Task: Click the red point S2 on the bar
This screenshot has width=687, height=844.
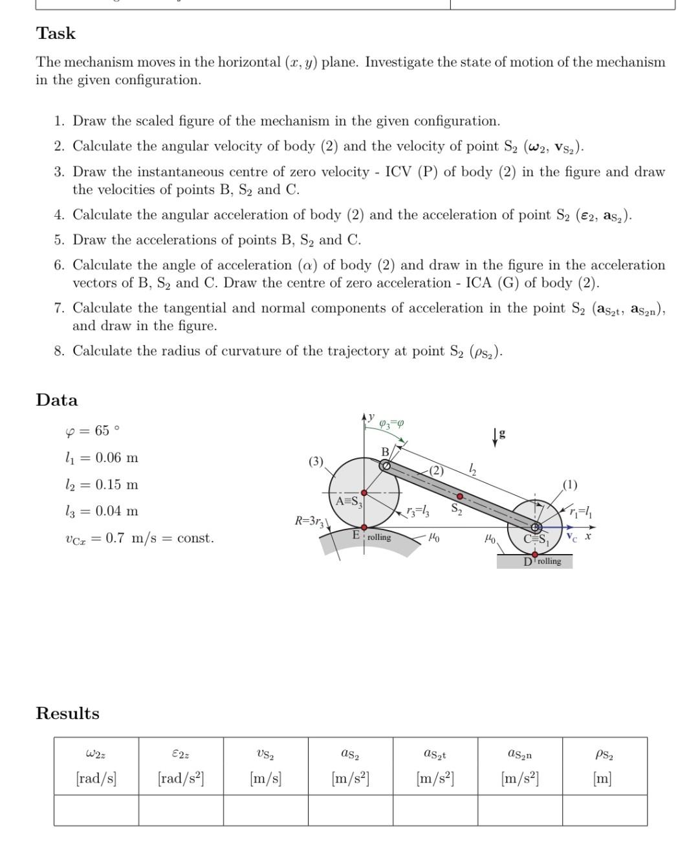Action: pos(459,496)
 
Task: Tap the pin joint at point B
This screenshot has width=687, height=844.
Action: pos(385,465)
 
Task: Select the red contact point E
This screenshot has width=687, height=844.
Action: pos(364,527)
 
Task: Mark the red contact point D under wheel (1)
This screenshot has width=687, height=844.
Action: pos(535,555)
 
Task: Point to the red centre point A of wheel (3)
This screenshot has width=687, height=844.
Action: pos(364,493)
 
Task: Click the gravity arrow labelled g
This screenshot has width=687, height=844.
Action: pos(496,437)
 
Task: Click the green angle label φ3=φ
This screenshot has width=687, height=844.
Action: pos(391,423)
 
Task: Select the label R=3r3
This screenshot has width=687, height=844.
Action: pos(310,520)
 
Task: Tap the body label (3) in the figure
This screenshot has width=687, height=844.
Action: pos(315,461)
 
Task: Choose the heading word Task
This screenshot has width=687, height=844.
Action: pos(56,34)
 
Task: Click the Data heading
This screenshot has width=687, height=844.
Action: pos(57,400)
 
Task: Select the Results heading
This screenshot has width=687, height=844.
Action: pos(67,713)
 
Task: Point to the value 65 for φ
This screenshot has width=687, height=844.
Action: pos(102,431)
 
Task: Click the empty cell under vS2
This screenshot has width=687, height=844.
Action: pos(265,810)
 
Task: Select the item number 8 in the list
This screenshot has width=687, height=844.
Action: pos(59,351)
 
